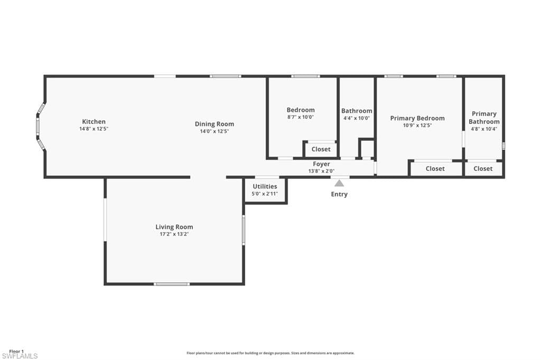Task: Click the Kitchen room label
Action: [x=94, y=121]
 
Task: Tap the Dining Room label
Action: [x=214, y=124]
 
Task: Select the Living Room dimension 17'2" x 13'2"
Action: [x=174, y=234]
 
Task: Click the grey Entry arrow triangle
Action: [x=339, y=183]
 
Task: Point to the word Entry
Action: [x=339, y=194]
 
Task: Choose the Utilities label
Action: [x=265, y=186]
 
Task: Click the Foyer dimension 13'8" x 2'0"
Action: [x=321, y=171]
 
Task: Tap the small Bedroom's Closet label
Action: [x=321, y=149]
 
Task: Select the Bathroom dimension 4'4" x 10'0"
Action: [x=357, y=118]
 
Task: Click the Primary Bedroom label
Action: [x=417, y=118]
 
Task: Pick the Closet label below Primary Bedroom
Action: [x=435, y=168]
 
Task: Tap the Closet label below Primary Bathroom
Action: [x=483, y=168]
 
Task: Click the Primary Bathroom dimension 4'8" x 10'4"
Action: [x=484, y=129]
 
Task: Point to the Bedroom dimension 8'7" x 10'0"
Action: [x=301, y=117]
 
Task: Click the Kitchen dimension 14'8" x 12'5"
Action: [x=94, y=129]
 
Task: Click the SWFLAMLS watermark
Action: [x=20, y=356]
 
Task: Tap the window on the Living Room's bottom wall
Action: [x=172, y=284]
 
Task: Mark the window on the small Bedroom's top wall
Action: [x=305, y=76]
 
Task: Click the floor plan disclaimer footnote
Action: [x=270, y=353]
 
